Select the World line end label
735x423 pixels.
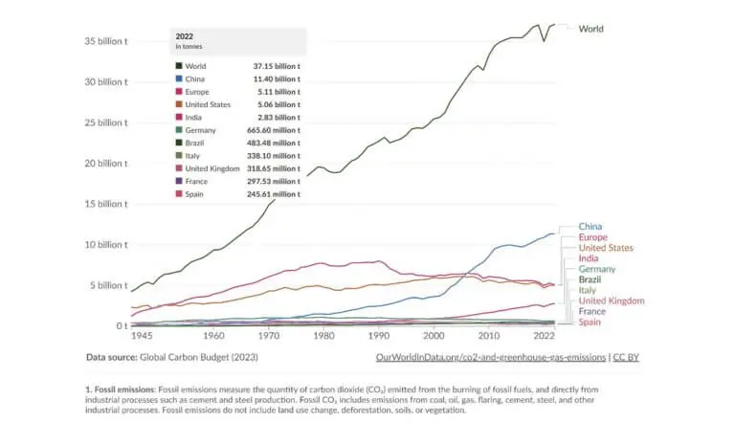click(591, 29)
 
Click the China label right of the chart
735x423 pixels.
click(590, 227)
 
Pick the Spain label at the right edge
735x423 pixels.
click(590, 323)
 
